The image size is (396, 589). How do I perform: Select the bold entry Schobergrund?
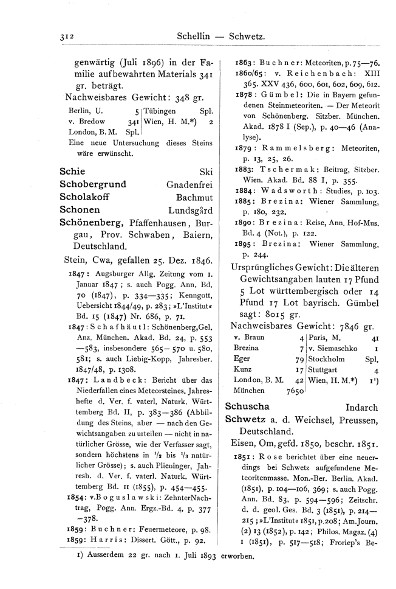coord(93,184)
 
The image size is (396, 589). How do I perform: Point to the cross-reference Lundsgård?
coord(189,210)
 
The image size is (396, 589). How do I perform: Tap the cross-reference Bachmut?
coord(194,197)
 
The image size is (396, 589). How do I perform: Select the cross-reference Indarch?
coord(361,407)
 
